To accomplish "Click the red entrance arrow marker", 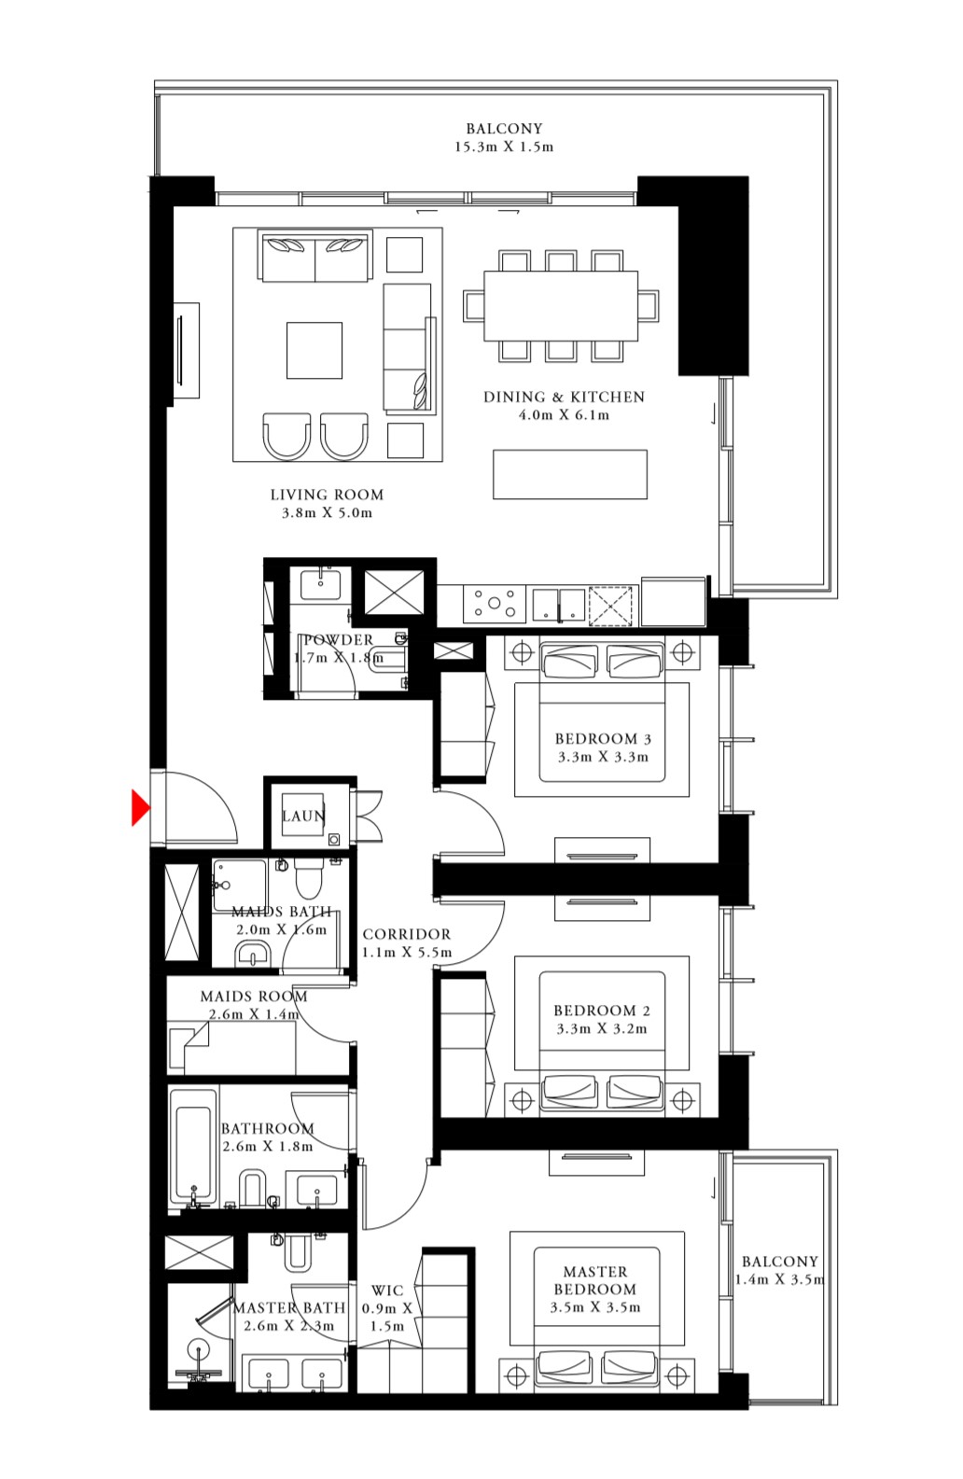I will pyautogui.click(x=140, y=807).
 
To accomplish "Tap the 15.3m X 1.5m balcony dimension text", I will pyautogui.click(x=504, y=147).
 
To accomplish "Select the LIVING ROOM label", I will pyautogui.click(x=327, y=495).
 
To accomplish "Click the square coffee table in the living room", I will pyautogui.click(x=314, y=350).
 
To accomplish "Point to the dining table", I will pyautogui.click(x=561, y=306).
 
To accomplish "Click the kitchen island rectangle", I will pyautogui.click(x=570, y=474).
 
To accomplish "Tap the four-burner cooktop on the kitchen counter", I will pyautogui.click(x=495, y=603).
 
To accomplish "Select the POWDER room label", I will pyautogui.click(x=339, y=640).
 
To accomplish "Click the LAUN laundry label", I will pyautogui.click(x=303, y=816).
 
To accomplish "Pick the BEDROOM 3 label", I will pyautogui.click(x=603, y=739).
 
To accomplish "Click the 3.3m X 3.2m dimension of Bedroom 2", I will pyautogui.click(x=602, y=1029).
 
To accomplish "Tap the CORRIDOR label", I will pyautogui.click(x=407, y=934).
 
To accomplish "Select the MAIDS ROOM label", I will pyautogui.click(x=254, y=997).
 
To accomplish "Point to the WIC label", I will pyautogui.click(x=387, y=1291).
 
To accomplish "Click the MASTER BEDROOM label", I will pyautogui.click(x=595, y=1280).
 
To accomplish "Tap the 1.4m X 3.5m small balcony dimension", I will pyautogui.click(x=780, y=1280).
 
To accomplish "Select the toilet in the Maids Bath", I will pyautogui.click(x=309, y=878).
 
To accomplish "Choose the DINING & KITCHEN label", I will pyautogui.click(x=564, y=398).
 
